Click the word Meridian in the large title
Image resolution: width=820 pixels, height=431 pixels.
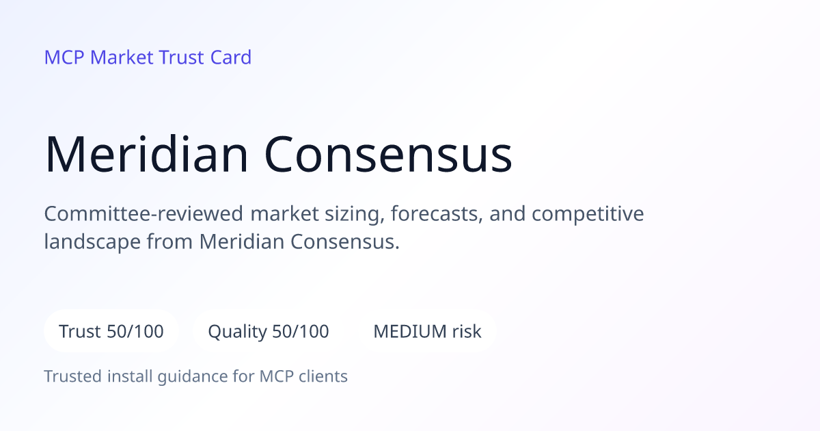(146, 154)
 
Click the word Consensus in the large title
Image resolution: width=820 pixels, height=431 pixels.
(388, 155)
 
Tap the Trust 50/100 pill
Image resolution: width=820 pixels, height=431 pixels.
(111, 331)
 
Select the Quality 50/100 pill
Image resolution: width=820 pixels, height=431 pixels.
(269, 331)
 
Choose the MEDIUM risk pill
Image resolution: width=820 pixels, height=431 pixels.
(427, 331)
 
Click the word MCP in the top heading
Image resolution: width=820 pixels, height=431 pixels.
(64, 57)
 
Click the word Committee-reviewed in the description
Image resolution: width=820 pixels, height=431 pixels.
(143, 213)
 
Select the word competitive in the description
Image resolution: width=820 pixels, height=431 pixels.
(588, 214)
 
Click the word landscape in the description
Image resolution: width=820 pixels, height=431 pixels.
(92, 242)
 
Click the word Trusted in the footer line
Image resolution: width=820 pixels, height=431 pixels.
(73, 376)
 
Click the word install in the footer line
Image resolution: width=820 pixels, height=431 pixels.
(130, 376)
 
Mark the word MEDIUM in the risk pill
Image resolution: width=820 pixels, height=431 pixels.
(410, 331)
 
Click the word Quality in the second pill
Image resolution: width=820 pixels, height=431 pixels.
(238, 332)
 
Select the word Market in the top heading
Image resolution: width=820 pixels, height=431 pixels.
(122, 57)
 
